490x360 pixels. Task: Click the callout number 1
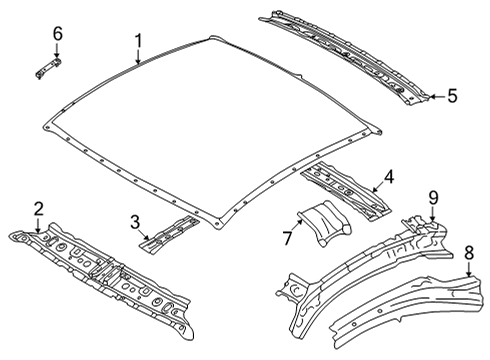(x=139, y=41)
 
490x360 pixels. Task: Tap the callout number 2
(x=38, y=208)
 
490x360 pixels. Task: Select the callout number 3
(x=134, y=221)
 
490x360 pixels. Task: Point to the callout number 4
(x=388, y=178)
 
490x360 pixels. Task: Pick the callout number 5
(x=451, y=96)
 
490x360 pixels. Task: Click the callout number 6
(x=57, y=35)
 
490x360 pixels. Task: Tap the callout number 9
(x=432, y=196)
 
